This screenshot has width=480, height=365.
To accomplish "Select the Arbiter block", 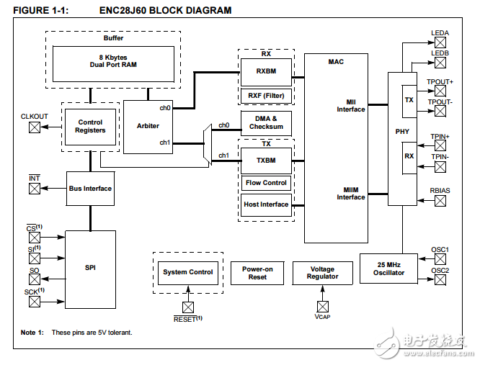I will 148,126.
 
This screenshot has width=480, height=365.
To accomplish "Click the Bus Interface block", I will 90,189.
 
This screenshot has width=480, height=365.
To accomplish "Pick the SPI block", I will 90,268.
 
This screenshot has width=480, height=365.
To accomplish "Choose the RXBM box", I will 266,71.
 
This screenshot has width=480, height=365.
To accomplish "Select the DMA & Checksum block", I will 266,122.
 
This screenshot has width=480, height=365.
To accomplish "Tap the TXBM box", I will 266,160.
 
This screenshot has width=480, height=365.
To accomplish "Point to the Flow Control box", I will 266,183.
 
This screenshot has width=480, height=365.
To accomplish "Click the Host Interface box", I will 266,204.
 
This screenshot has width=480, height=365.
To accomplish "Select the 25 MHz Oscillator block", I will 390,269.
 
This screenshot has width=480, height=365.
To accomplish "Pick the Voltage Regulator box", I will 322,273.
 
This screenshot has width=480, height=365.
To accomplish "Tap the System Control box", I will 187,272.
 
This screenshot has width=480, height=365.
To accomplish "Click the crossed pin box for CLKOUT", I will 34,127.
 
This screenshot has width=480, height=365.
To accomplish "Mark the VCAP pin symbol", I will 322,305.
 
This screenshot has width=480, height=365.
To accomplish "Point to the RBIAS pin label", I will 440,190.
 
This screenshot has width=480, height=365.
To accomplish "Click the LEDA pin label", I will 440,33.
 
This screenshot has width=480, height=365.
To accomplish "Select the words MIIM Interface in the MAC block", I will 351,194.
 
